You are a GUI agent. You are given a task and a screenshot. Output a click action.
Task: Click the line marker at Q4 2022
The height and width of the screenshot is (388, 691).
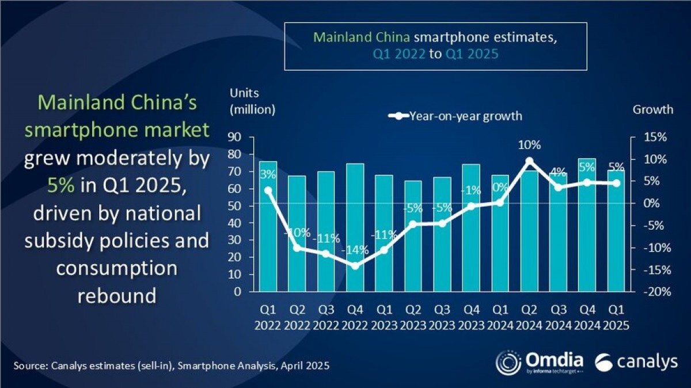(355, 266)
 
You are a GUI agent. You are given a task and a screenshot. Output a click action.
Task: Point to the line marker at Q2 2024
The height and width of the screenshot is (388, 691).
(530, 161)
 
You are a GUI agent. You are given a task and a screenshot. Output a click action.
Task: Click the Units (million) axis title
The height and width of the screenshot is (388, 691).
(252, 101)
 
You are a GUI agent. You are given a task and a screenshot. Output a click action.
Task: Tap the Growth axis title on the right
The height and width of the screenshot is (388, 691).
(652, 109)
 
